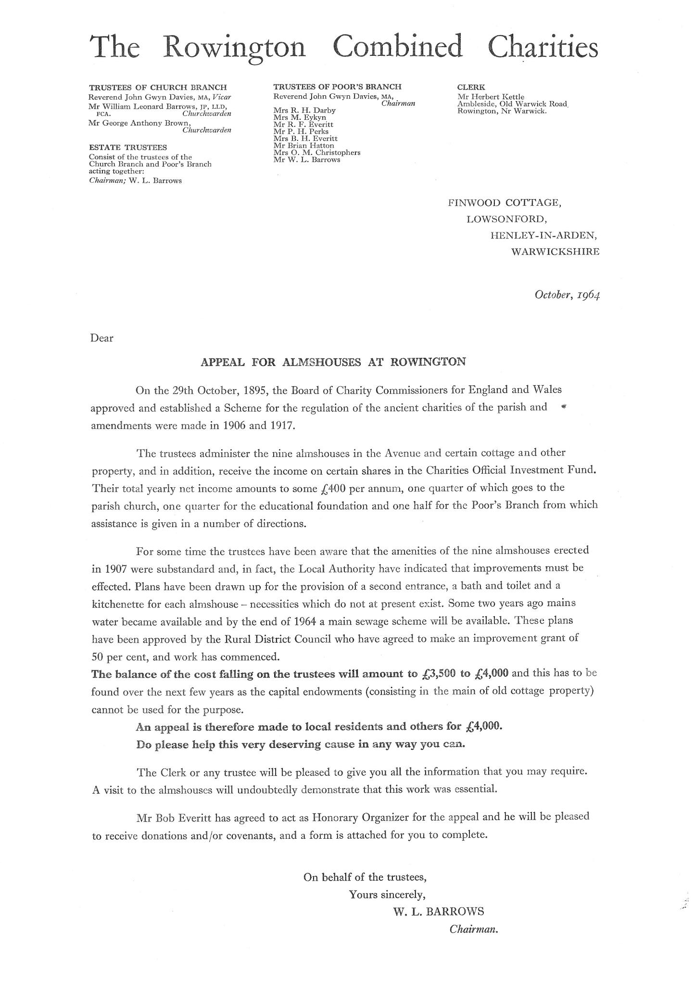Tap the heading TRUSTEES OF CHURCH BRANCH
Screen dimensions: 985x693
pyautogui.click(x=158, y=88)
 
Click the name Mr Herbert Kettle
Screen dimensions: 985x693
pyautogui.click(x=491, y=97)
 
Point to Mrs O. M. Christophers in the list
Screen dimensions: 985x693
pyautogui.click(x=316, y=152)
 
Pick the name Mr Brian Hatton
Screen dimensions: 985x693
pyautogui.click(x=303, y=145)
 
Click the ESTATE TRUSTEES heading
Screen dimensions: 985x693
pyautogui.click(x=128, y=148)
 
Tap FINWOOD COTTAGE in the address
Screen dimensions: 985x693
pyautogui.click(x=504, y=203)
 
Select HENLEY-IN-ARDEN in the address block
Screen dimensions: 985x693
pyautogui.click(x=544, y=235)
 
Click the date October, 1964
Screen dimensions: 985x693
pyautogui.click(x=567, y=294)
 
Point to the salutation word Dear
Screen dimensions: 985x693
pyautogui.click(x=101, y=338)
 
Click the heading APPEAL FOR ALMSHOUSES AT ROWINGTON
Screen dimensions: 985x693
pyautogui.click(x=333, y=362)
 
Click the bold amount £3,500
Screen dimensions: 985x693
pyautogui.click(x=437, y=673)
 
